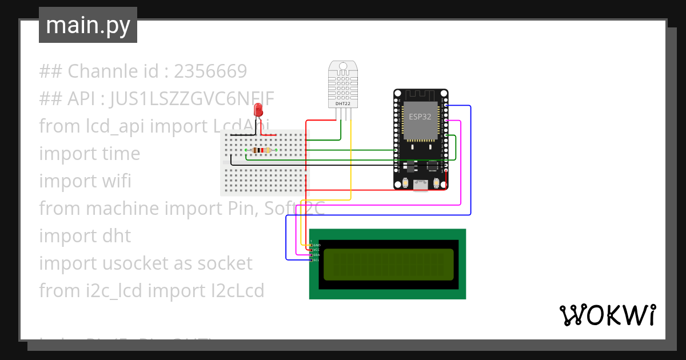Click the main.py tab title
[87, 25]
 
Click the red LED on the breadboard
[258, 110]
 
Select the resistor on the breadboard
[261, 150]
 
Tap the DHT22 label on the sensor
[343, 103]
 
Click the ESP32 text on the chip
[420, 117]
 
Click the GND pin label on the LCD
[317, 245]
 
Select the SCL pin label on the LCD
[316, 260]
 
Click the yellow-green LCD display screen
[388, 265]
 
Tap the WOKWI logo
[607, 315]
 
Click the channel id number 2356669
[210, 71]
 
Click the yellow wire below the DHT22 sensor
[350, 160]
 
